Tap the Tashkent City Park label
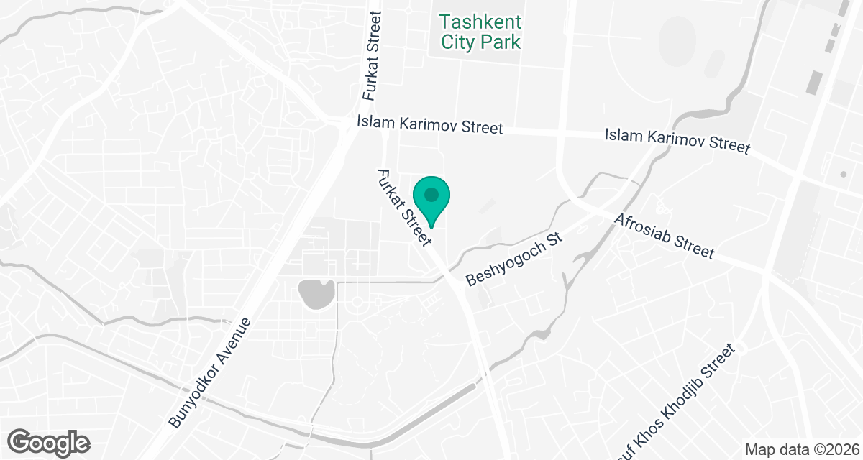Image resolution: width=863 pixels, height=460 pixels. pos(480,32)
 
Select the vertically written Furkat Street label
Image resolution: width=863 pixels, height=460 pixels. pos(371,56)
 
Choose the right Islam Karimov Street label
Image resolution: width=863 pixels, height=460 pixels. pos(677,140)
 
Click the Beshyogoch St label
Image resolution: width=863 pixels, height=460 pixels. pos(513,259)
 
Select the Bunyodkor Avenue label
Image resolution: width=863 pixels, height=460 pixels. pos(211,372)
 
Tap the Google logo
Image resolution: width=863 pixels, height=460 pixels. pos(49,441)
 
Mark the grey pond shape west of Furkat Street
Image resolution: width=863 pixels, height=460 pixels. pos(315,293)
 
